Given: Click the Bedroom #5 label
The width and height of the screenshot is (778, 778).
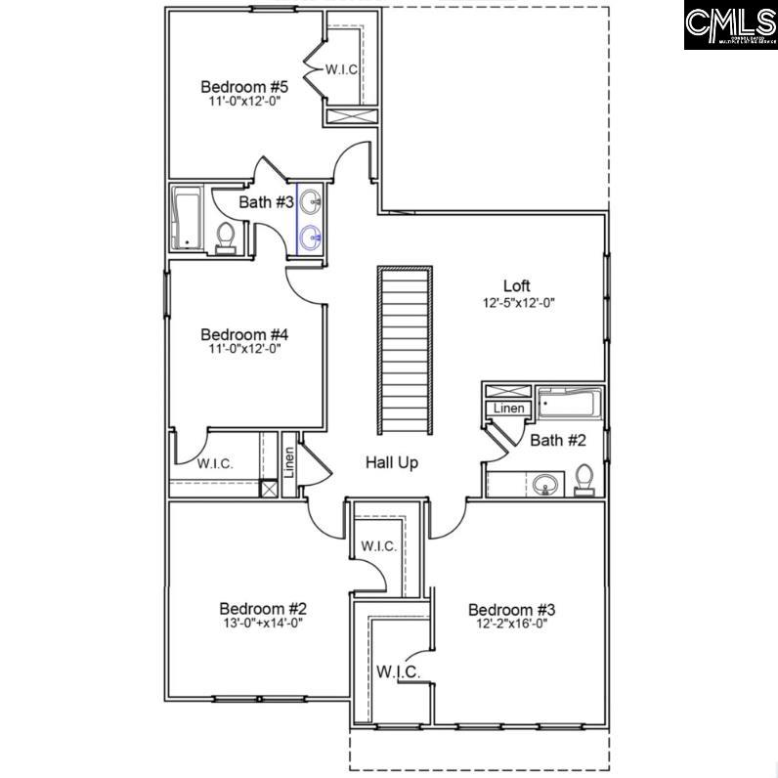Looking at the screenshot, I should [231, 85].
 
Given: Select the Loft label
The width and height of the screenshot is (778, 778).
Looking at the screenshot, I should [516, 285].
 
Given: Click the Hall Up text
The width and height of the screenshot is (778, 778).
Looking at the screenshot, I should [392, 462].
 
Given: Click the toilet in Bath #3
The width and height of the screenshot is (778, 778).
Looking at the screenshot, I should [226, 238].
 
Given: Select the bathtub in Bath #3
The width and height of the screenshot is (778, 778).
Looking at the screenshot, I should [186, 218].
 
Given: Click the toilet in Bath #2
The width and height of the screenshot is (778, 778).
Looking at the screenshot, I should [584, 479].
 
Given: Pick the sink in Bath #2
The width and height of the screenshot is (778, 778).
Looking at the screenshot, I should [547, 483].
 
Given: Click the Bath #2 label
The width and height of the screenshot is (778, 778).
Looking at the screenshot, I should [558, 441].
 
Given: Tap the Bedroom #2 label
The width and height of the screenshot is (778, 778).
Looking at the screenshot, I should [251, 607].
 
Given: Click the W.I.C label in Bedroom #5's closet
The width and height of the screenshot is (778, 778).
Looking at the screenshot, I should [341, 69].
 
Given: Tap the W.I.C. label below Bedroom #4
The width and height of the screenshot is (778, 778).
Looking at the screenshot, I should [215, 463].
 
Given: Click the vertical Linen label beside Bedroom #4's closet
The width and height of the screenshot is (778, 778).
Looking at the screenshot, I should [289, 462].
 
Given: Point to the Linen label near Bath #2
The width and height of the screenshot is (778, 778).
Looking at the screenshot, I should [509, 409].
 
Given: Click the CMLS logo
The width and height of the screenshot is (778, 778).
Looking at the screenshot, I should [729, 25].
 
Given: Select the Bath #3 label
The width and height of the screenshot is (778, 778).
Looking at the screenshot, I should [267, 202].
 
